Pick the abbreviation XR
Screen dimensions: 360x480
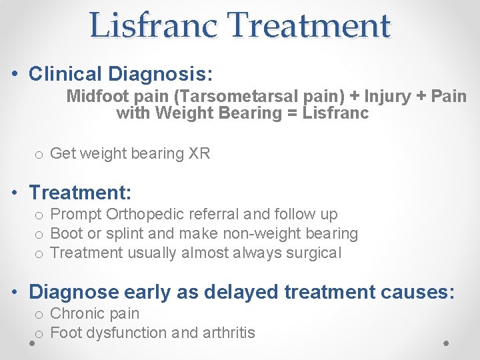tap(199, 153)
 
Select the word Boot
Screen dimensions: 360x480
tap(66, 233)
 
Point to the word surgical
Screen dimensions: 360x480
tap(313, 253)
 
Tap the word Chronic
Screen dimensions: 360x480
tap(78, 313)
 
